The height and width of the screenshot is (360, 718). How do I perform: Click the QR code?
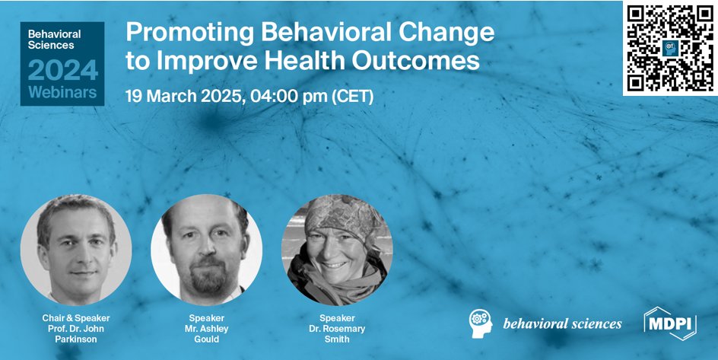pos(669,47)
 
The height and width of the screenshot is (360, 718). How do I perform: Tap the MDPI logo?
pos(670,323)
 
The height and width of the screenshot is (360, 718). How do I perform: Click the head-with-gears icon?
pos(481,323)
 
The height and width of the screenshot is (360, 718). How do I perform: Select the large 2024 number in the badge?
pos(62,70)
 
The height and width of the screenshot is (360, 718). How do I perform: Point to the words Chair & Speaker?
pos(76,317)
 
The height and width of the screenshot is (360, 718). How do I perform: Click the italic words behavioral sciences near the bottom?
pos(562,323)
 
